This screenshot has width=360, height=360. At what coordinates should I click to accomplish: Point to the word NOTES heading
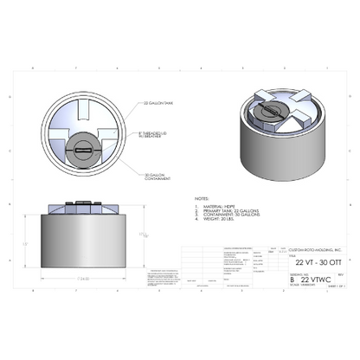pos(202,197)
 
